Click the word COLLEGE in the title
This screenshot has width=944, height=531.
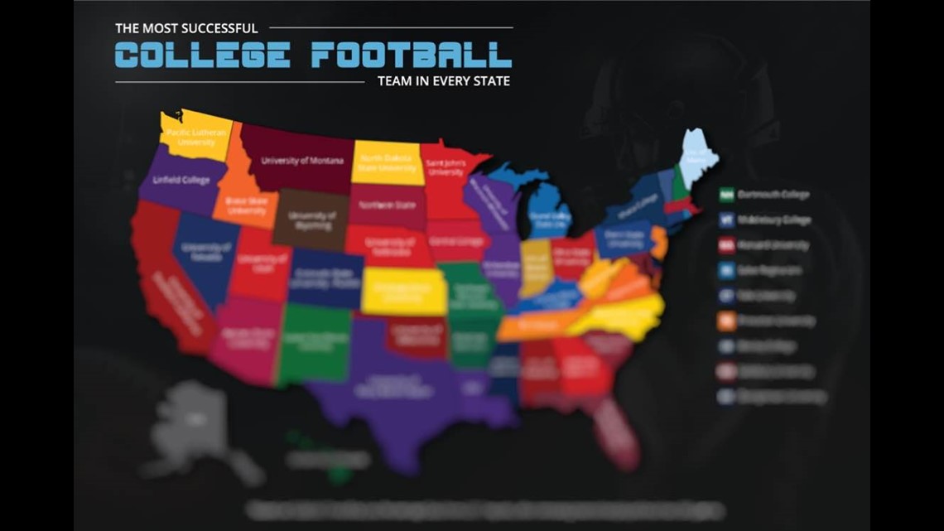[x=202, y=56]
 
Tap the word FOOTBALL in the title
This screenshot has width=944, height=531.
[x=411, y=56]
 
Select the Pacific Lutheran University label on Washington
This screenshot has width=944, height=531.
[x=190, y=137]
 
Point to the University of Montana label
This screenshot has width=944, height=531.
[x=301, y=161]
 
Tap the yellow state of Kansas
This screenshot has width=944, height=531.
[x=404, y=291]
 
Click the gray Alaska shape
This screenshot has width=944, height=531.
[x=190, y=422]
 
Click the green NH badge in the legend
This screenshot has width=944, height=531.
[x=727, y=195]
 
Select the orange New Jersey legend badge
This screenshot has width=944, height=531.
[x=727, y=321]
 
